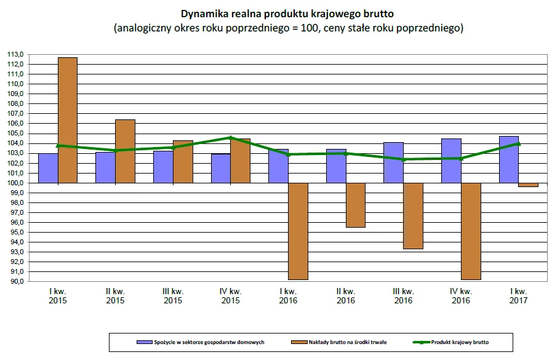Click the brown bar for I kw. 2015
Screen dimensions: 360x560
point(67,120)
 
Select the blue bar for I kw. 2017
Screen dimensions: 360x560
point(509,159)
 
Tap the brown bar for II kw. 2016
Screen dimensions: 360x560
point(355,205)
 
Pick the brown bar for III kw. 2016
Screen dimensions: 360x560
point(413,215)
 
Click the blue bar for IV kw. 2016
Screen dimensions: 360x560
point(451,161)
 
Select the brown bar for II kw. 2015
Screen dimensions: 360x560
point(125,151)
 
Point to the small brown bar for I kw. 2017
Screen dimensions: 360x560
point(528,185)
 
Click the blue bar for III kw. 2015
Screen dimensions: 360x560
point(163,167)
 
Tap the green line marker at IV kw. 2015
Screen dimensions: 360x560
point(230,138)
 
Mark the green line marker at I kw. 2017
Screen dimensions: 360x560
point(518,144)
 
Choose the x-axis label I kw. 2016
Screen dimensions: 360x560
point(288,295)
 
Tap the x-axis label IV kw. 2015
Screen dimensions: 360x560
point(230,295)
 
